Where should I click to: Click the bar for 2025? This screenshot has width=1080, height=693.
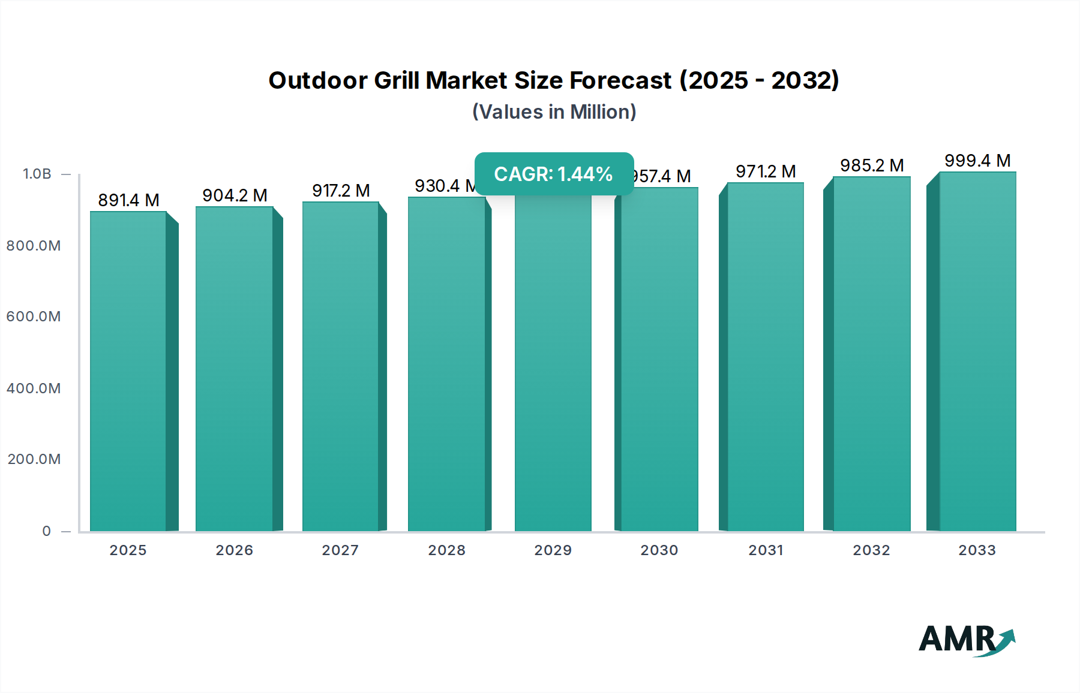(128, 372)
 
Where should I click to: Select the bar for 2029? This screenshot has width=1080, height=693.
(553, 366)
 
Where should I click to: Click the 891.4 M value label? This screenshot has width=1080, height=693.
(128, 200)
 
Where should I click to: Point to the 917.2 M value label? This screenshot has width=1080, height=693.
(341, 191)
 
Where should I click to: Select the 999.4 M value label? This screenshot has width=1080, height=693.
(977, 161)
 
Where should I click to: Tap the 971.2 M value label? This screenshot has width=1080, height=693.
(766, 171)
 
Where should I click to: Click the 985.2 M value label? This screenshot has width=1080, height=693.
(872, 165)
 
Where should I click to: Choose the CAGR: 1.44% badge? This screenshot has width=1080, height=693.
(554, 174)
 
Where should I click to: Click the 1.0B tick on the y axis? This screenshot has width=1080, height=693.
(37, 174)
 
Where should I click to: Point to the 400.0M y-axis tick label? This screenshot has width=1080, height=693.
(34, 388)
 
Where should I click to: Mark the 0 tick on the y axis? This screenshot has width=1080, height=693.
(47, 531)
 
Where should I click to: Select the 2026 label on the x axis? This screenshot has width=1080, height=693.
(235, 550)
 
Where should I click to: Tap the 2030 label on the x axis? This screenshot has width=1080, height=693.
(659, 550)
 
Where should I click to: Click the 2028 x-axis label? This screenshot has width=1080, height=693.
(446, 550)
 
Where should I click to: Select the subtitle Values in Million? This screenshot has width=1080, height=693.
(554, 112)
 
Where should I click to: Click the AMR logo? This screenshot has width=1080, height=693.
(966, 640)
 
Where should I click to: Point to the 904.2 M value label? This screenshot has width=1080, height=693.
(235, 195)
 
